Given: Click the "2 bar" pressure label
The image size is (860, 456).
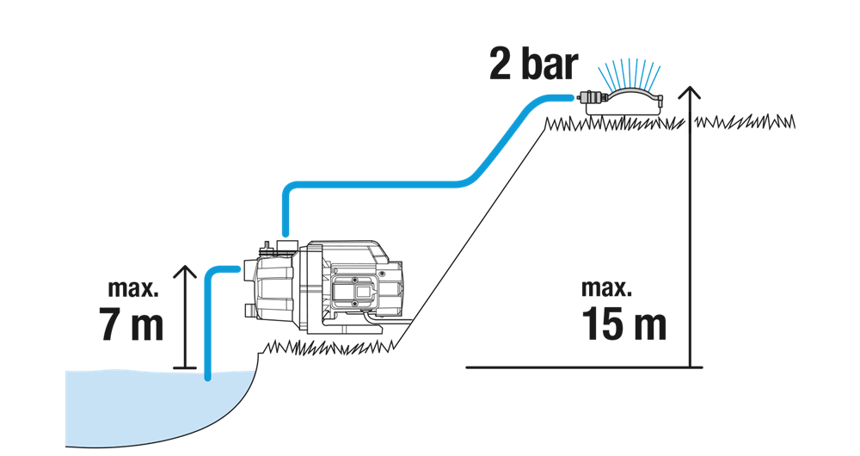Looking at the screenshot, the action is pyautogui.click(x=533, y=65).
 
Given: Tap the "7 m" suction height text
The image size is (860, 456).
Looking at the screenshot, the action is pyautogui.click(x=131, y=324).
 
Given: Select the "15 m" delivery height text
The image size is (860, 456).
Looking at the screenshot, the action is pyautogui.click(x=623, y=324).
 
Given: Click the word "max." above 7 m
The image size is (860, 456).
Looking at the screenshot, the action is pyautogui.click(x=133, y=288).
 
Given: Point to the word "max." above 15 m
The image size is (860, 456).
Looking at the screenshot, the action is pyautogui.click(x=606, y=288).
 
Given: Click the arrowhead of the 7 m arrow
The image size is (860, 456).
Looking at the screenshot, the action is pyautogui.click(x=187, y=272).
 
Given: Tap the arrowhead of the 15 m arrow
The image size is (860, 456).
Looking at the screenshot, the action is pyautogui.click(x=690, y=92).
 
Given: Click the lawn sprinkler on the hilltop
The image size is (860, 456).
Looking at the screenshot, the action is pyautogui.click(x=623, y=102).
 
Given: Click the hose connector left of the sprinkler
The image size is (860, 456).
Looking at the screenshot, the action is pyautogui.click(x=592, y=98).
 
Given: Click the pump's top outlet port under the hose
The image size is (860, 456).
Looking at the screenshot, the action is pyautogui.click(x=285, y=244).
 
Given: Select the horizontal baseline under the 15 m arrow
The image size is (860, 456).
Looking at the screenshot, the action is pyautogui.click(x=584, y=367).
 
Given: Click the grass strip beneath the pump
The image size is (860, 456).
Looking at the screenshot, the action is pyautogui.click(x=329, y=348).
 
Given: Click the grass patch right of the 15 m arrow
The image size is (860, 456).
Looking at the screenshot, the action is pyautogui.click(x=745, y=122).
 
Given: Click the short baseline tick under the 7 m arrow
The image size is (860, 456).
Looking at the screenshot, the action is pyautogui.click(x=184, y=367).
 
